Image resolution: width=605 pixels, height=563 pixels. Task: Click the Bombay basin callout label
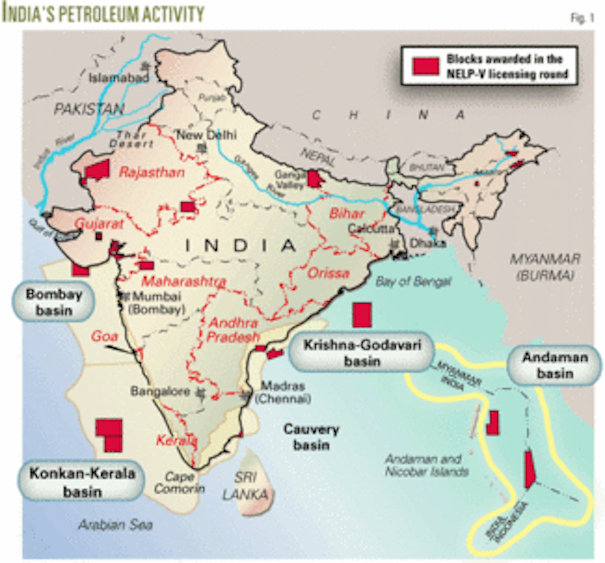[x=53, y=302]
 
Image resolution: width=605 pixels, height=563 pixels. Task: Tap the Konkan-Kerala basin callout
[x=82, y=482]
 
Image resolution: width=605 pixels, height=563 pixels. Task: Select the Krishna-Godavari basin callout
[x=361, y=353]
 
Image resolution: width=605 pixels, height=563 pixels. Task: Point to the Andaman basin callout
[x=555, y=365]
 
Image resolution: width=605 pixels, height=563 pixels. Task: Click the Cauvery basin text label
[x=311, y=437]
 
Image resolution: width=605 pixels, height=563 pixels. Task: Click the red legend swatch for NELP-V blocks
[x=425, y=66]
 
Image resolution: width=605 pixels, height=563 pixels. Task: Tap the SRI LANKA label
[x=245, y=486]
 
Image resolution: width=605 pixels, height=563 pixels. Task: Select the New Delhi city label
[x=206, y=135]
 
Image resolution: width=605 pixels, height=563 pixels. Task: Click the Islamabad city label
[x=119, y=78]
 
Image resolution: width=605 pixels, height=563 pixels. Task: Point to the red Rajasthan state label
[x=152, y=173]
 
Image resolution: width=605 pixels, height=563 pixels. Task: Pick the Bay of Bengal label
[x=413, y=281]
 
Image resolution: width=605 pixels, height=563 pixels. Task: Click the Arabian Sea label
[x=115, y=525]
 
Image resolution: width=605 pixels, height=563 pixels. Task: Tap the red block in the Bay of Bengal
[x=362, y=315]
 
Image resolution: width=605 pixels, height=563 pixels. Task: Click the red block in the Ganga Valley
[x=315, y=179]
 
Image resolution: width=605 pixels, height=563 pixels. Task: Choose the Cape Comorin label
[x=180, y=483]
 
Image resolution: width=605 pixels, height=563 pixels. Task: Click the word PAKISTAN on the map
[x=89, y=109]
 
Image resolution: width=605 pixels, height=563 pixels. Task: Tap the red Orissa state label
[x=328, y=273]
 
